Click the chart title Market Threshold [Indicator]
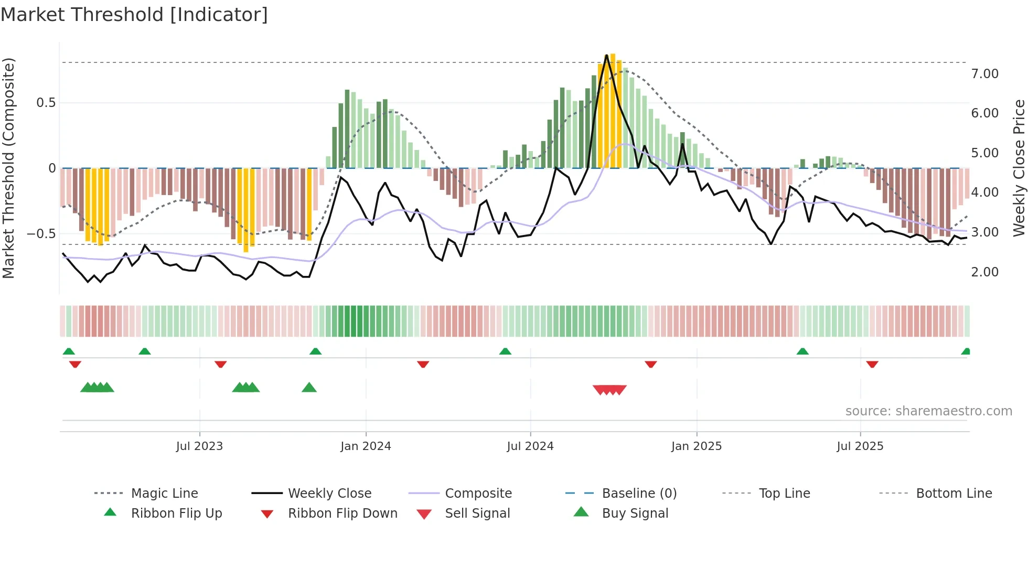(x=134, y=15)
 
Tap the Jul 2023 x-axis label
(x=199, y=446)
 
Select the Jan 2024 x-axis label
(x=366, y=446)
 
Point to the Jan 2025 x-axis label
(x=697, y=446)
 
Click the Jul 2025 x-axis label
(x=860, y=446)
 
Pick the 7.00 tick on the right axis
(x=984, y=74)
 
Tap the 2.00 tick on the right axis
(x=984, y=272)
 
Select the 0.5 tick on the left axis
(x=46, y=103)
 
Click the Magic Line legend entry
(x=164, y=494)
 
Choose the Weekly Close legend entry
(x=329, y=494)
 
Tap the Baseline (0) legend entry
(x=639, y=494)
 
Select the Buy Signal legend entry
(x=635, y=513)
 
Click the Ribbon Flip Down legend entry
(x=342, y=513)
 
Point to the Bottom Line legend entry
(x=954, y=494)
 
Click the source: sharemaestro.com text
(x=928, y=411)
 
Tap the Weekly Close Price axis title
(x=1019, y=168)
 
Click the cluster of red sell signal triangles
(x=609, y=390)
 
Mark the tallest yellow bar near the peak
(x=613, y=110)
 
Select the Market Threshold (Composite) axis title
(x=8, y=168)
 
